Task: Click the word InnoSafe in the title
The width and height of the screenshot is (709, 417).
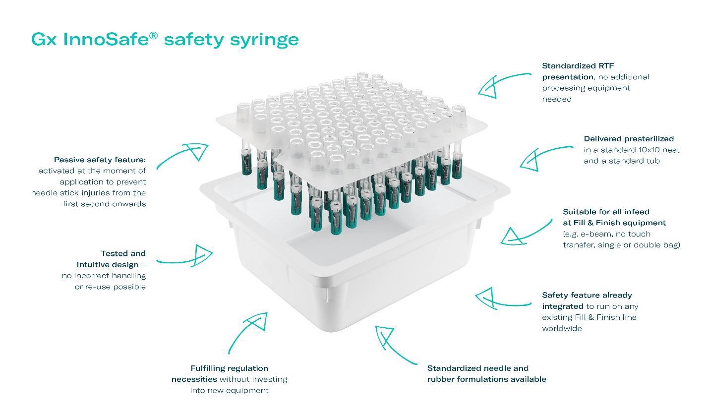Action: point(106,39)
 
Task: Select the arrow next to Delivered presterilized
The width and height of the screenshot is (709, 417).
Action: point(543,156)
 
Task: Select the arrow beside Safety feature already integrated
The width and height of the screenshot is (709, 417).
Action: point(501,299)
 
